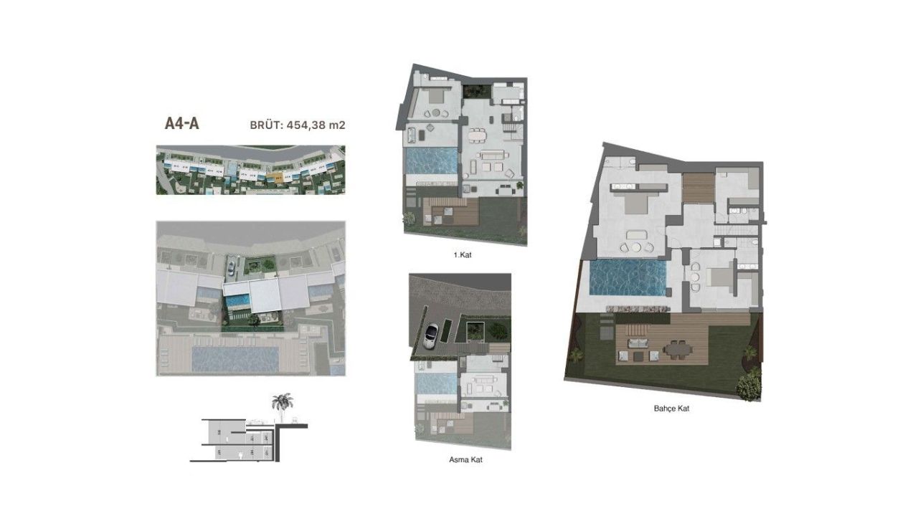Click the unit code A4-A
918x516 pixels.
click(x=181, y=123)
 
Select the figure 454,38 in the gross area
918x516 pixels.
click(x=307, y=125)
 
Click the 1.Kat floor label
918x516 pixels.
click(x=465, y=254)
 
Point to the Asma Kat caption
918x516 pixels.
click(x=465, y=459)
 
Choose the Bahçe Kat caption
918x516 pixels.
click(x=672, y=408)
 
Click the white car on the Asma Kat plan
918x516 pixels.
click(x=431, y=335)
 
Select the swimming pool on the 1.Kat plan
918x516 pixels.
click(x=430, y=161)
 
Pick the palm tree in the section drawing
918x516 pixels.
click(x=282, y=404)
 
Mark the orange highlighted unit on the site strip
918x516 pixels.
click(x=278, y=174)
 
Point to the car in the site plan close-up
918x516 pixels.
click(x=231, y=268)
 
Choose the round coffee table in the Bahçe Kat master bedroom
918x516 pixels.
click(x=635, y=236)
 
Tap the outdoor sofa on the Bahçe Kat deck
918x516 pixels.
click(x=637, y=354)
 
